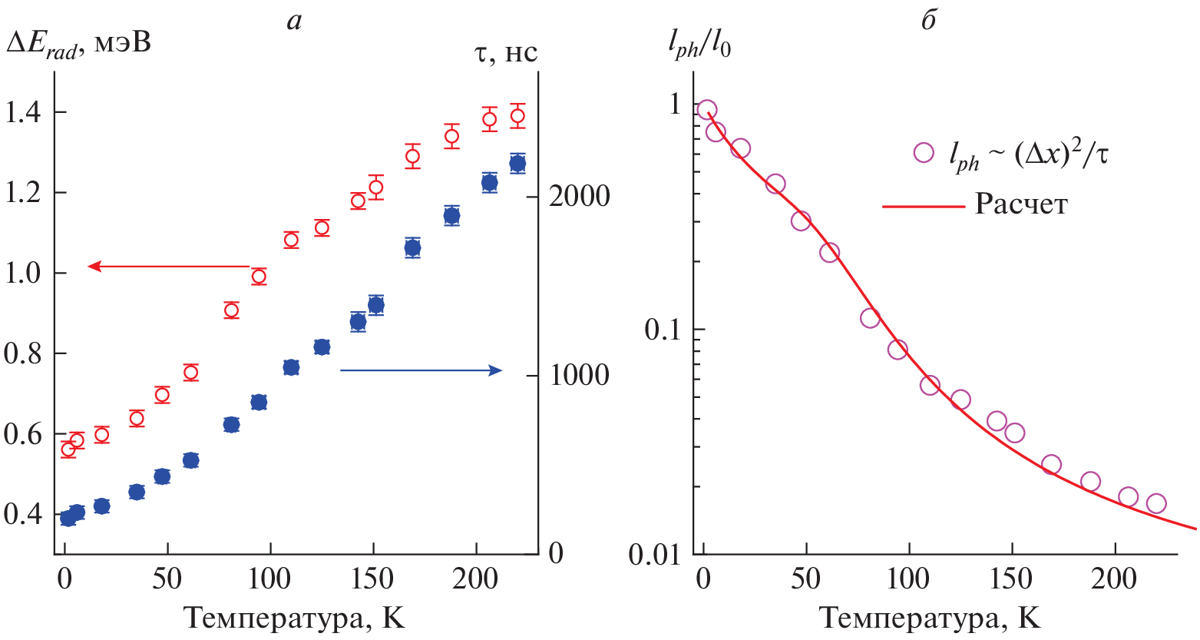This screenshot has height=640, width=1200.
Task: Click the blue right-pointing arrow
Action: pos(421,370)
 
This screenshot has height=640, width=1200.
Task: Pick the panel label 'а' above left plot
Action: pos(294,20)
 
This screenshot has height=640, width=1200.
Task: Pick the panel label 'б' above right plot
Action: pos(928,20)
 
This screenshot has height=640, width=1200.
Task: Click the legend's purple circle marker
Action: pos(924,152)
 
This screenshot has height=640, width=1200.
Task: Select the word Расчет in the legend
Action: pos(1021,205)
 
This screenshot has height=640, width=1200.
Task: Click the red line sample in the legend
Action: pos(922,205)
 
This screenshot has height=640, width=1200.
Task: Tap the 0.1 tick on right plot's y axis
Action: pos(663,329)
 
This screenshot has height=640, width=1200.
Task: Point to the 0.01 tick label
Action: pos(655,554)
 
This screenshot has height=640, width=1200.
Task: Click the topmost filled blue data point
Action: pos(517,163)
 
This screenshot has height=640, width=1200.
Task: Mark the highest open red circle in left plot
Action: pos(517,116)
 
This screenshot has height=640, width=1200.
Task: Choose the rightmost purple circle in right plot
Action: pos(1156,503)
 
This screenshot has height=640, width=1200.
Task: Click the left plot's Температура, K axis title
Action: pos(295,618)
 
